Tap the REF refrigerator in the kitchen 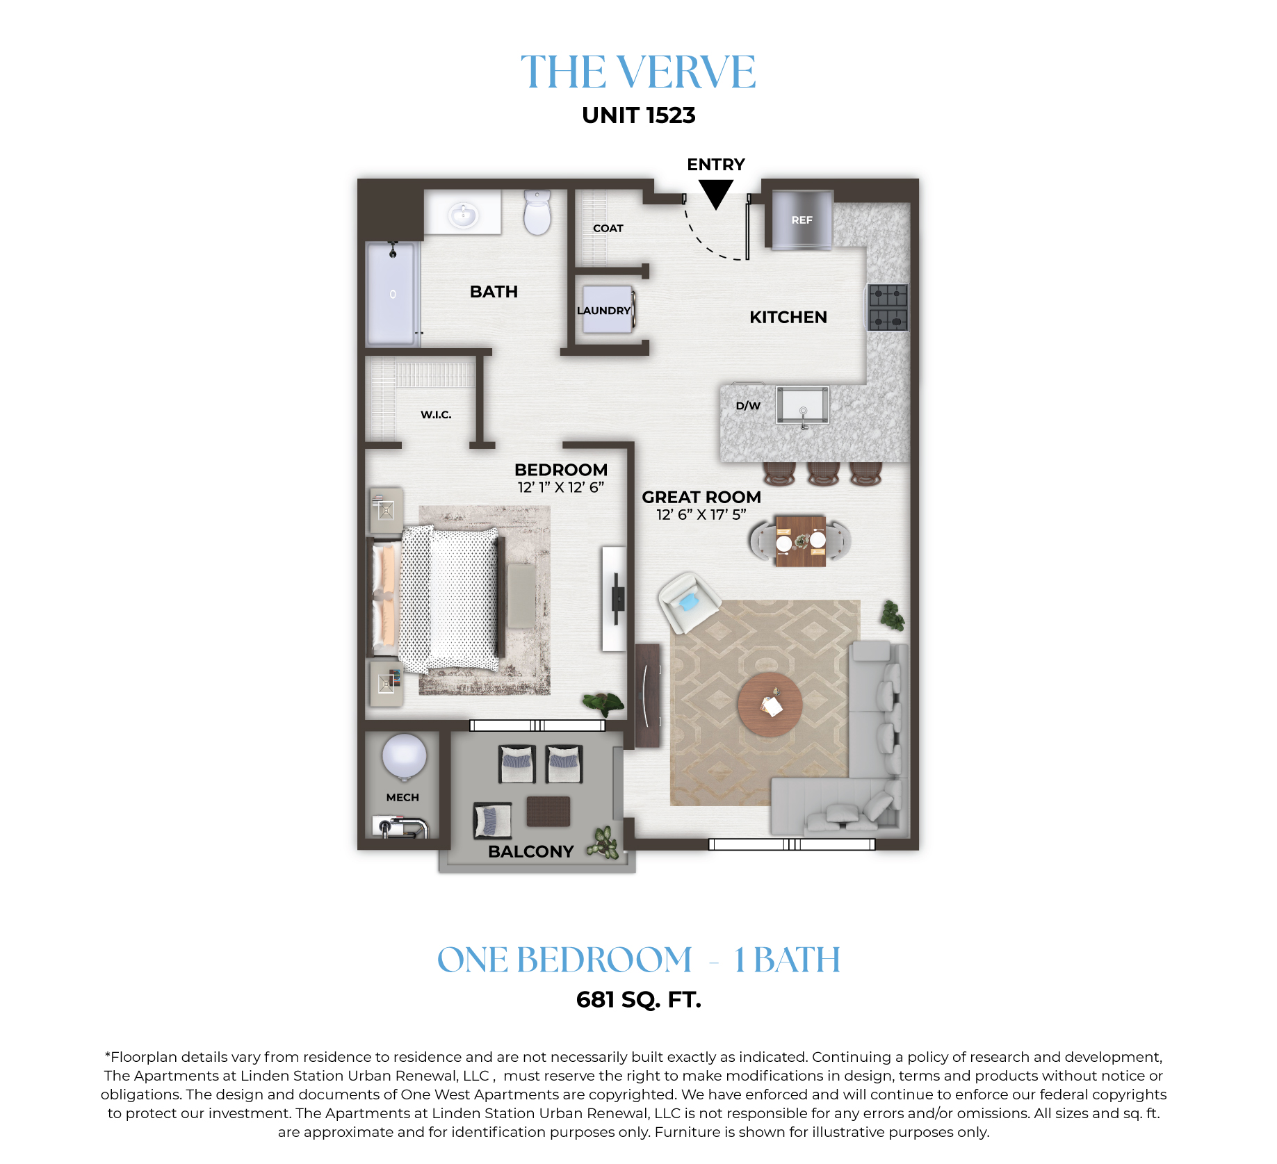click(802, 220)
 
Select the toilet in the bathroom click(537, 212)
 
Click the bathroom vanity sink click(463, 215)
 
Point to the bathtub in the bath click(393, 293)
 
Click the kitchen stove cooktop click(888, 306)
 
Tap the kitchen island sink click(803, 405)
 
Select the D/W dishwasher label click(748, 406)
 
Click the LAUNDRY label click(603, 311)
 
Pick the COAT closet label click(608, 228)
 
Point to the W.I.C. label click(436, 415)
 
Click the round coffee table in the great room click(770, 704)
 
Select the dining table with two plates click(800, 541)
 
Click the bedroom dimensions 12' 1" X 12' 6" click(561, 487)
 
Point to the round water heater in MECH click(404, 757)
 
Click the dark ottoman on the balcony click(548, 811)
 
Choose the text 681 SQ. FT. click(639, 999)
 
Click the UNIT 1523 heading click(639, 115)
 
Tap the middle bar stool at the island click(823, 474)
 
